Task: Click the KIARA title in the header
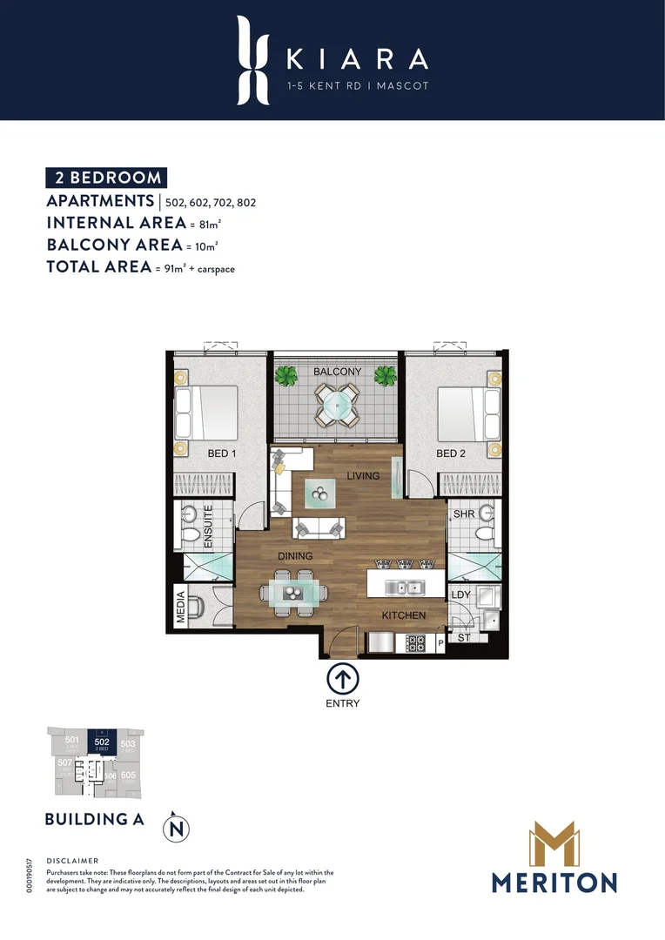coord(357,58)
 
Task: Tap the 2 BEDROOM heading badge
coord(106,178)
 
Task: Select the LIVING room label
coord(363,476)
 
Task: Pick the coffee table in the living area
coord(319,494)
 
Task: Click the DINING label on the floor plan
coord(295,555)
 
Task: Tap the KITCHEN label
coord(404,615)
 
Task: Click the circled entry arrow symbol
coord(342,679)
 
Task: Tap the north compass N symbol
coord(177,826)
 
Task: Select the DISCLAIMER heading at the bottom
coord(73,859)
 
